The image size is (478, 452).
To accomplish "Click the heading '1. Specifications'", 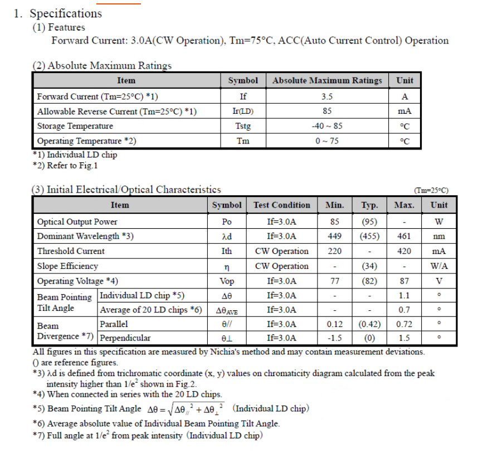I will [x=58, y=13].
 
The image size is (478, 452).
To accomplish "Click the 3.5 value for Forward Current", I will [x=327, y=97].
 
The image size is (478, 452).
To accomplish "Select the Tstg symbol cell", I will [x=243, y=126].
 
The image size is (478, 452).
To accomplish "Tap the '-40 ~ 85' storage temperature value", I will [x=327, y=126].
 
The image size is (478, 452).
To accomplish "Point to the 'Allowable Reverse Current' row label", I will [x=116, y=112].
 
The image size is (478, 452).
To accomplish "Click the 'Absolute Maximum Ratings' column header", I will [x=327, y=80].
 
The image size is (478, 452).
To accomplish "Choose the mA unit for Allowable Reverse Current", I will [x=404, y=112].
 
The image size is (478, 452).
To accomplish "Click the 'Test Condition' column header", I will [x=281, y=205].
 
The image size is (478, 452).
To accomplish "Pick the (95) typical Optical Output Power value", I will [x=369, y=222].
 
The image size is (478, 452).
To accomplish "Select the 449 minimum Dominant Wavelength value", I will [x=335, y=236].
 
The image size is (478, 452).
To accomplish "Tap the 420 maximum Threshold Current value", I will [x=404, y=251].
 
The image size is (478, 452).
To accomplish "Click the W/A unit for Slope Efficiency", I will [x=439, y=266].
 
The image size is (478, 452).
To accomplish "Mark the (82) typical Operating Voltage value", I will [x=369, y=281].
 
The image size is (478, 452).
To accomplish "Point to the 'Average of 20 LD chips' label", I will [x=150, y=310].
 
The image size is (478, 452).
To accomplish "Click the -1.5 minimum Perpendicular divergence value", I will [x=335, y=338].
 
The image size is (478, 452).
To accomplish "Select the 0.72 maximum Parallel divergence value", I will [x=404, y=324].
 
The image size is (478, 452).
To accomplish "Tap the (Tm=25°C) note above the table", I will [x=431, y=190].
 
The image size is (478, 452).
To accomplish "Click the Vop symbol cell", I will [x=227, y=281].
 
